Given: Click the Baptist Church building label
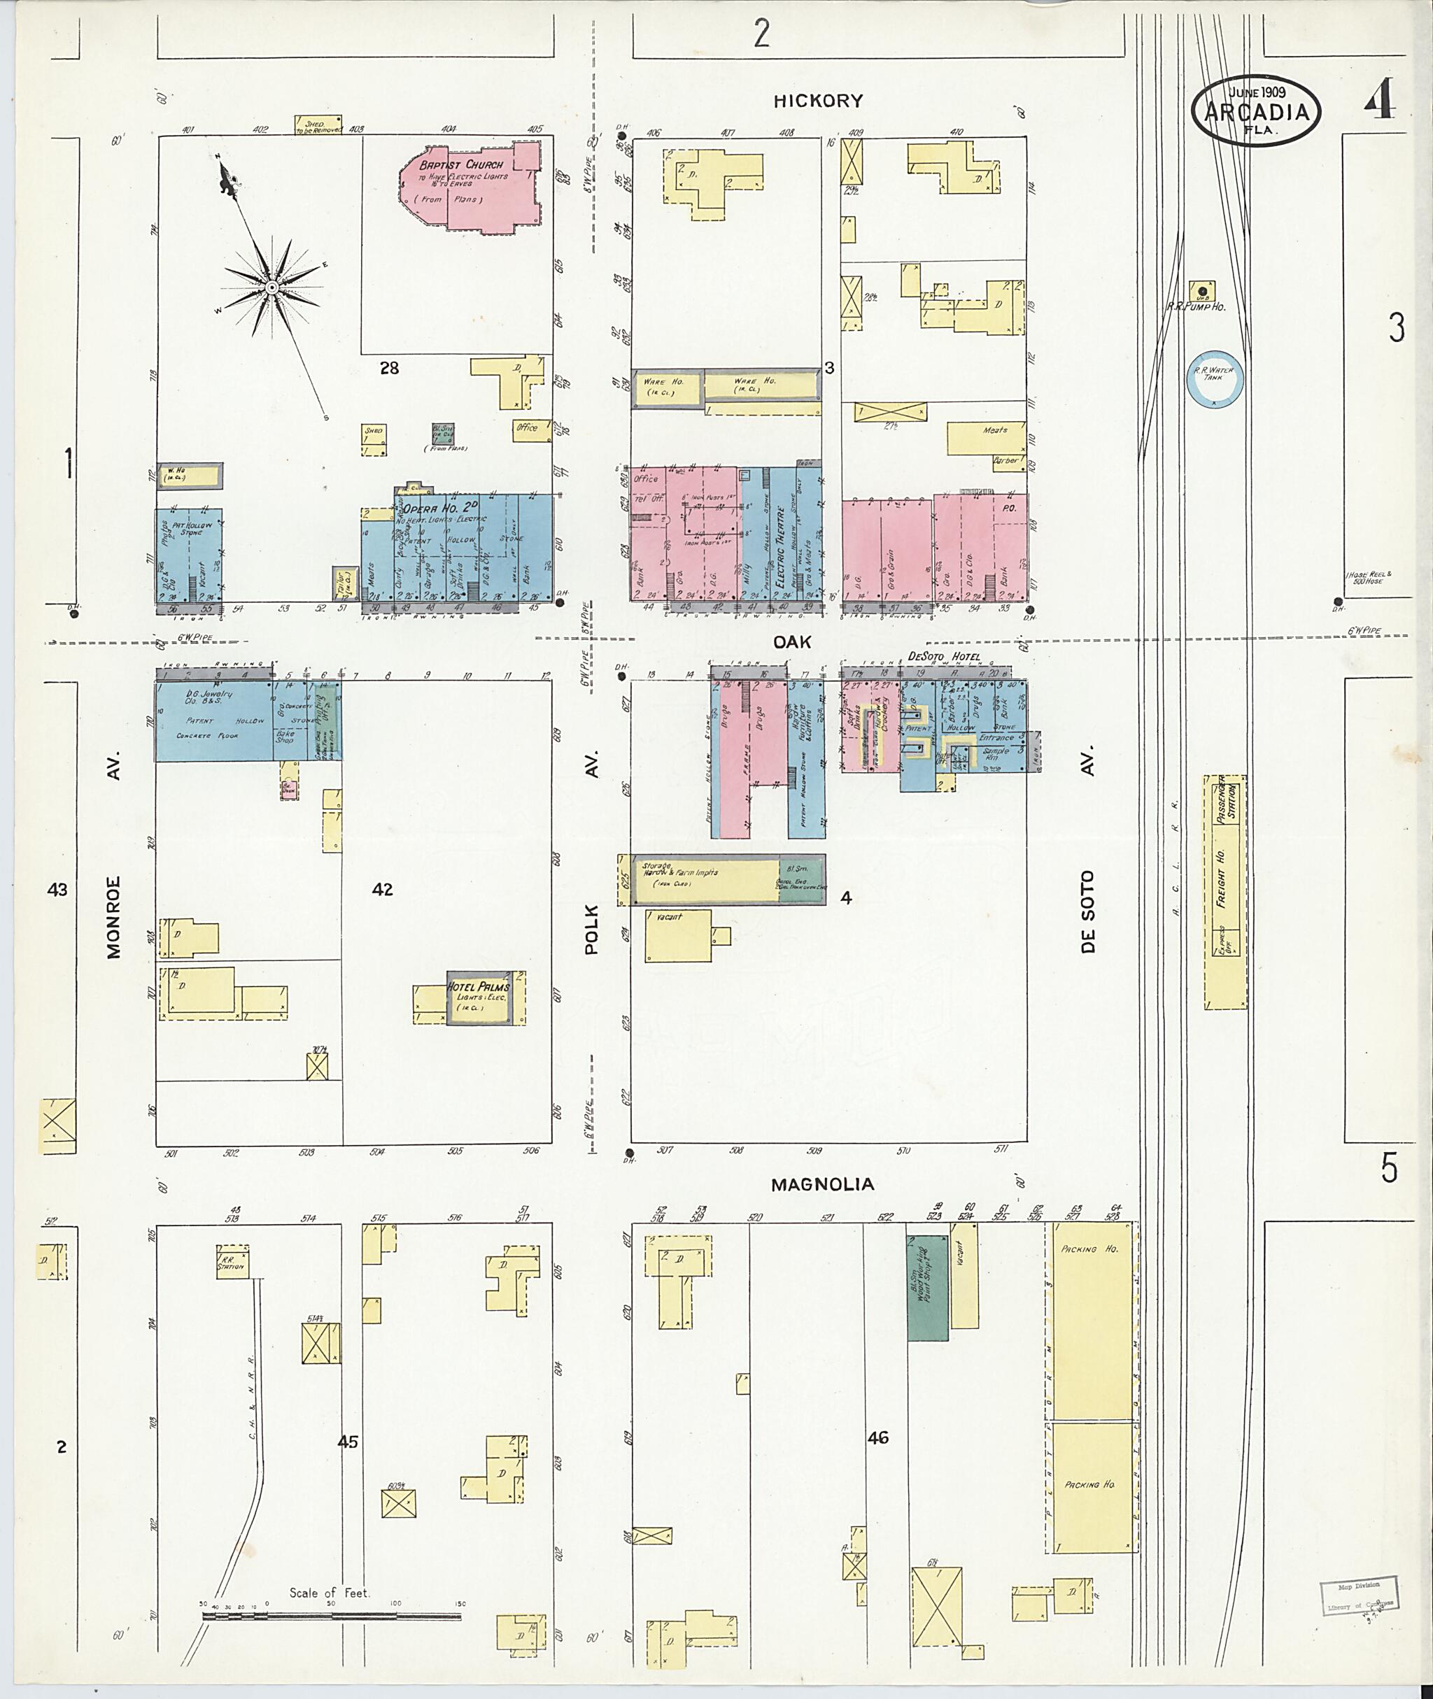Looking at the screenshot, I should pyautogui.click(x=461, y=165).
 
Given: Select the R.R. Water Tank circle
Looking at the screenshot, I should pyautogui.click(x=1214, y=379).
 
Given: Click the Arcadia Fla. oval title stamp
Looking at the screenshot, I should pyautogui.click(x=1256, y=112).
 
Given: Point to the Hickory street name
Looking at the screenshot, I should pyautogui.click(x=818, y=101).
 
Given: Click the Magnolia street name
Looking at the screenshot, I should pyautogui.click(x=822, y=1185).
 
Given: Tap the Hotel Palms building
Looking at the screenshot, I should pyautogui.click(x=479, y=997).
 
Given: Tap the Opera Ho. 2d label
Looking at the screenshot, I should pyautogui.click(x=432, y=509).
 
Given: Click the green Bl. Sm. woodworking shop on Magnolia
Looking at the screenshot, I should pyautogui.click(x=927, y=1288).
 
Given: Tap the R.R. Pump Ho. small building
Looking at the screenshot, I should pyautogui.click(x=1202, y=291).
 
